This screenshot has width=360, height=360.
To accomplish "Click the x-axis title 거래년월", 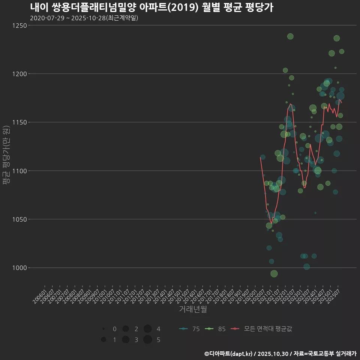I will tap(193, 309).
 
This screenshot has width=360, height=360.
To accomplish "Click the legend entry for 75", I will tap(189, 329).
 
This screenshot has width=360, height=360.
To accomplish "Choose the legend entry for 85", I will tap(215, 329).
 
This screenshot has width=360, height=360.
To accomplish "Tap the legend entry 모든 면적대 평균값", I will tap(261, 329).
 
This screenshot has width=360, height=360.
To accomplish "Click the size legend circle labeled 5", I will tap(147, 340).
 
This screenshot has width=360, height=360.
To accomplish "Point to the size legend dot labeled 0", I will tap(103, 329).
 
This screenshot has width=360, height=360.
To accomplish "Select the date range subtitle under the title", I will tap(84, 18).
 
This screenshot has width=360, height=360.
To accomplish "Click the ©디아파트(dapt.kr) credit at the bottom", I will tap(228, 354).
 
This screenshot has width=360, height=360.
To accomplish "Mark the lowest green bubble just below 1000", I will tap(274, 274).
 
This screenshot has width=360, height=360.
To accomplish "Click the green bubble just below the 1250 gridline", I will tap(290, 36).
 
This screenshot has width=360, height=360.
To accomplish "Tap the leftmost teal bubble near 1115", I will tap(262, 157).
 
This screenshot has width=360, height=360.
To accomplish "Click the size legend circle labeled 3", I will tap(126, 340).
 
